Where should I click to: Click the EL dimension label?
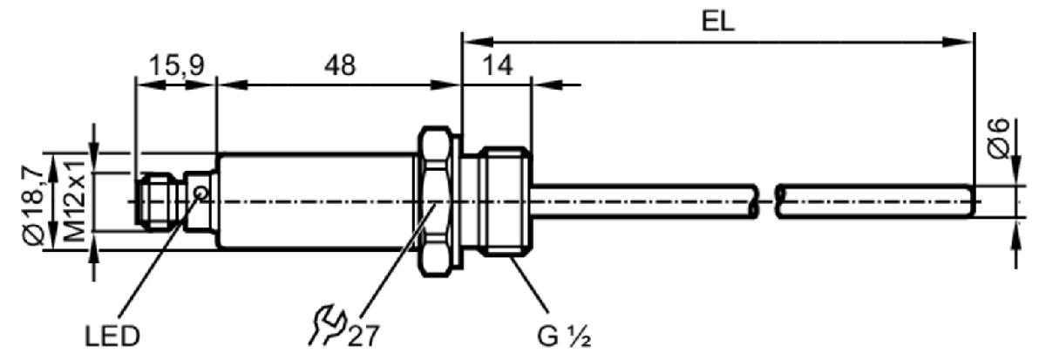(717, 21)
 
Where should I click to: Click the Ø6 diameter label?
(998, 139)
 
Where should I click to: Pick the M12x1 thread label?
(74, 201)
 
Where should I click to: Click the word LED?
(112, 336)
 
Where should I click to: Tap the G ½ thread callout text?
(565, 336)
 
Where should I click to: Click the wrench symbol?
(326, 324)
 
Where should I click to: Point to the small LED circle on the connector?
(201, 193)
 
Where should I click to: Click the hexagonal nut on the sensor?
(437, 201)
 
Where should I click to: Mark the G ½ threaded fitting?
(506, 201)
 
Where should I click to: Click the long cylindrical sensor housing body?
(316, 201)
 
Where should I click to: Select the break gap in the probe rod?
(767, 201)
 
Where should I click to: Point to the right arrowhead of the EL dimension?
(957, 42)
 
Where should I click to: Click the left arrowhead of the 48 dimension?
(232, 85)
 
